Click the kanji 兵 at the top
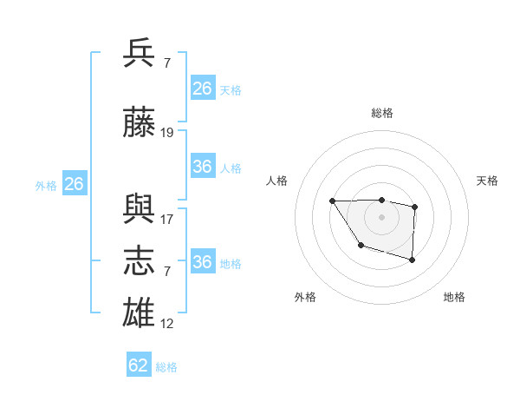click(x=140, y=54)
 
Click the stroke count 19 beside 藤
click(x=167, y=133)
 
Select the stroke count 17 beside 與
click(x=167, y=220)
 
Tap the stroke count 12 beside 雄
click(x=167, y=324)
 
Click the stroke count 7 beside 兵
click(x=166, y=63)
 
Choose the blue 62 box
click(x=139, y=365)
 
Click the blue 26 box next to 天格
click(x=203, y=89)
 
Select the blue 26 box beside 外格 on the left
click(x=75, y=184)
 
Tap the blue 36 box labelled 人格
click(x=203, y=167)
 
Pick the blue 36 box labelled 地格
click(x=203, y=262)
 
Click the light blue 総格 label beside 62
click(x=166, y=367)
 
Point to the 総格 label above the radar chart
click(x=382, y=114)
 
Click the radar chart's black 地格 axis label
click(x=454, y=297)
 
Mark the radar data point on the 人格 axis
click(x=333, y=201)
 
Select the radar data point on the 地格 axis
click(x=413, y=260)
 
